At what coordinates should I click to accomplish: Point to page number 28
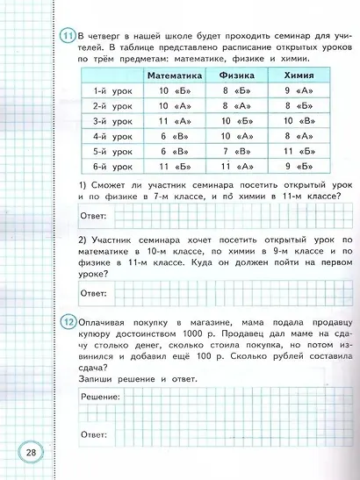(31, 452)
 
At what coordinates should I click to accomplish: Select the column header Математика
(175, 75)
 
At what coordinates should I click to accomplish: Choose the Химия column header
(296, 75)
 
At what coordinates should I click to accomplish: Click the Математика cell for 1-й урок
(175, 90)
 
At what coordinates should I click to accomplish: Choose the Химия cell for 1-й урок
(296, 90)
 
